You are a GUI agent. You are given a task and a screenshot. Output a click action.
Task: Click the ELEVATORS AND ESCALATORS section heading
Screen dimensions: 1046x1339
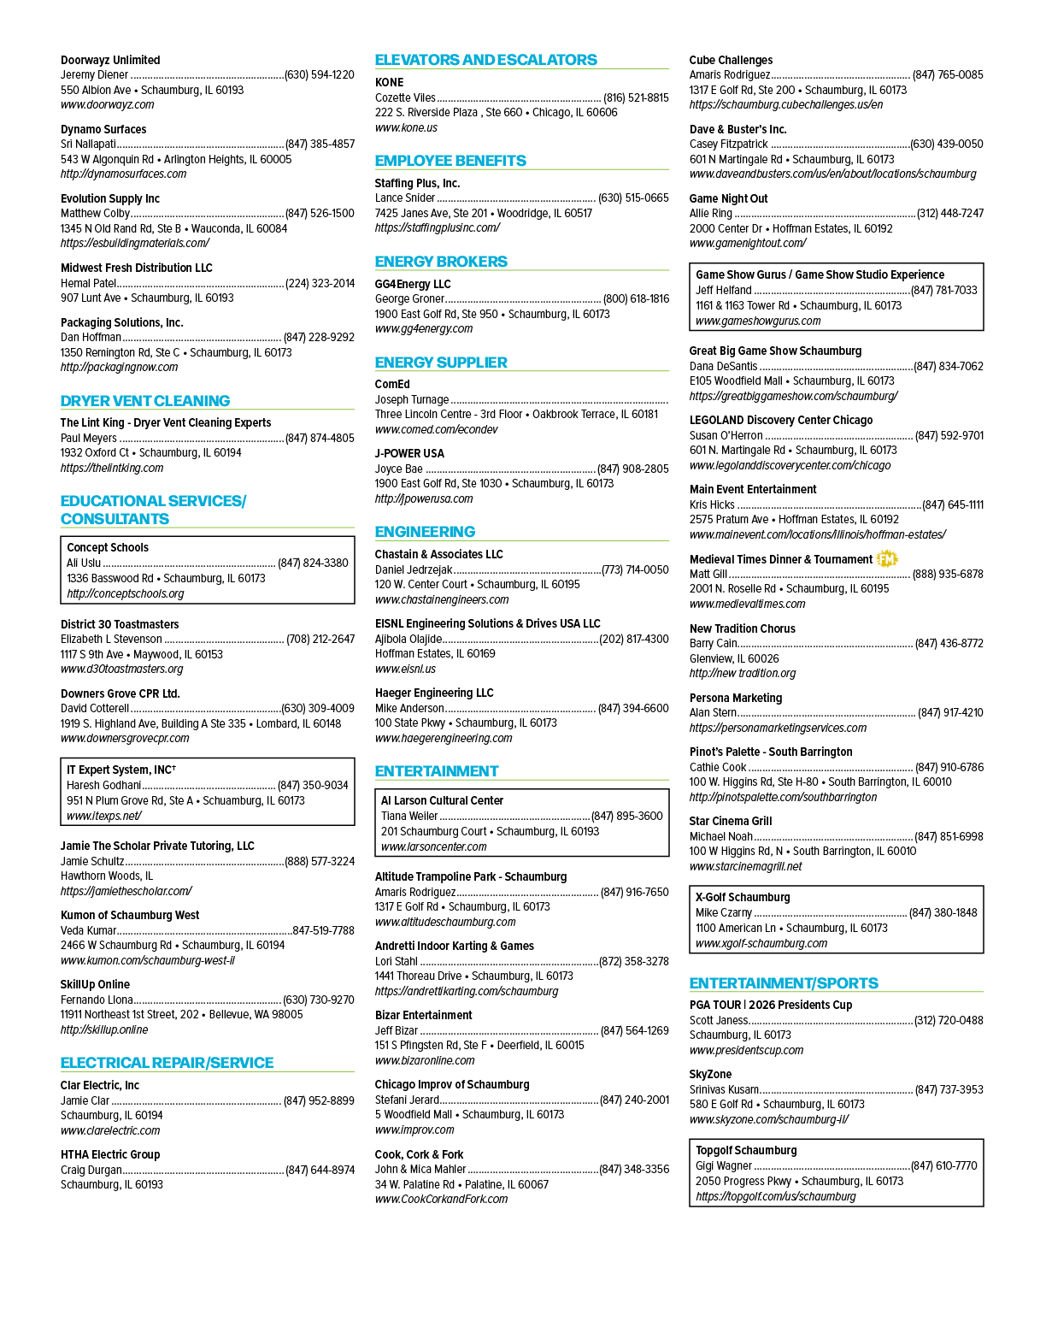[x=485, y=60]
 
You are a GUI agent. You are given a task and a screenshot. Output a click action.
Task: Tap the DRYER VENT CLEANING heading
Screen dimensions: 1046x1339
[x=145, y=400]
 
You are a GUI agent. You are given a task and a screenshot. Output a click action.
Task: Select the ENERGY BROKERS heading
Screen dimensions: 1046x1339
[x=441, y=262]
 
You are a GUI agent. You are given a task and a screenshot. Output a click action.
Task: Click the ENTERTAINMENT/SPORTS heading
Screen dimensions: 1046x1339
[x=783, y=982]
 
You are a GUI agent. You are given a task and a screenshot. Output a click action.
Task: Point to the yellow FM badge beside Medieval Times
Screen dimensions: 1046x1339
[x=886, y=559]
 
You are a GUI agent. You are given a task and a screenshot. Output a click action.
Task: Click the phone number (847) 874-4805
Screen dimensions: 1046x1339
[x=320, y=438]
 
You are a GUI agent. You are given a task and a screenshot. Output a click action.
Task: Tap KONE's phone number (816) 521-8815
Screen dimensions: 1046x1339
[x=636, y=98]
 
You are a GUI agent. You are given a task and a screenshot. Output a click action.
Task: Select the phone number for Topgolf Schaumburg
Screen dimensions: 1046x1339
[x=943, y=1165]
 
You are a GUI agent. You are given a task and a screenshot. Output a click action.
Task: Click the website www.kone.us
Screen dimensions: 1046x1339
[x=406, y=127]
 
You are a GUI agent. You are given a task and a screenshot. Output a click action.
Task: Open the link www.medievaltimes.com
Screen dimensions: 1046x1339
[x=748, y=604]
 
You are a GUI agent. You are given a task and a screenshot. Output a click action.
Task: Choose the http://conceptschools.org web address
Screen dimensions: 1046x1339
[x=126, y=593]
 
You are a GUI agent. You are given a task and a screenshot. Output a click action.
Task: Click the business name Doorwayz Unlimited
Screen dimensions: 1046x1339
[x=110, y=60]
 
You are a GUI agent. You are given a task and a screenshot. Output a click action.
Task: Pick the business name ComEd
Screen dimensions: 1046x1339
[x=392, y=384]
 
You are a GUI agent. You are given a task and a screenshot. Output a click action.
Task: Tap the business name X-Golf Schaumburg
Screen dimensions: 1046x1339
[x=743, y=897]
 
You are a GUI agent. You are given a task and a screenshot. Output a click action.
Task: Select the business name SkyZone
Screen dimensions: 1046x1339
[x=710, y=1074]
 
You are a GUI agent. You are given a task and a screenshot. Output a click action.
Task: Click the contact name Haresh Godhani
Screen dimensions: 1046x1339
[x=104, y=785]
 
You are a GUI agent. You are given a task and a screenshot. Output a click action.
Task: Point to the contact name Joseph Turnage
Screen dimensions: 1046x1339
[x=412, y=399]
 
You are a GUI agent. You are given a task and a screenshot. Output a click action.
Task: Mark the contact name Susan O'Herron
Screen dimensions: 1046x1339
[x=726, y=436]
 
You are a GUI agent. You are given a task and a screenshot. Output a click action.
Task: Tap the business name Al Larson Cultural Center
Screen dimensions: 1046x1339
[x=442, y=800]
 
